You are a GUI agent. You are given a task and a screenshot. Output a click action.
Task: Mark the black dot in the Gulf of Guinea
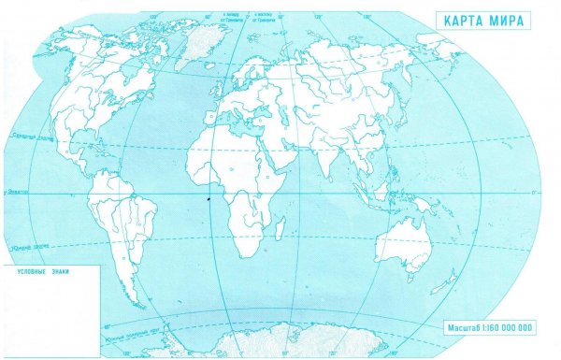pos(208,197)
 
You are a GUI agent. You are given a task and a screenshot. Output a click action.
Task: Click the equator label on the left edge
pos(15,192)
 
